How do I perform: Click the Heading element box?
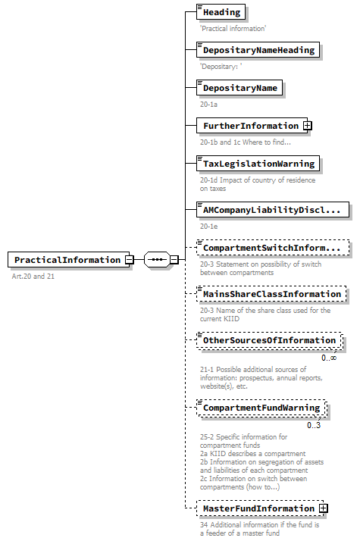pos(221,12)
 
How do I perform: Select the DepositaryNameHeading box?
pos(258,50)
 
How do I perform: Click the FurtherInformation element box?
pos(249,126)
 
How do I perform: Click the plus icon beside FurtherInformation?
pos(308,126)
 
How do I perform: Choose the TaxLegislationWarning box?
pos(258,164)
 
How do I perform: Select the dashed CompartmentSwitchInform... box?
pos(271,248)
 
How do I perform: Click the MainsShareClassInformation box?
pos(271,294)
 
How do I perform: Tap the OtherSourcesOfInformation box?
pos(268,341)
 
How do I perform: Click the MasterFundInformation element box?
pos(258,508)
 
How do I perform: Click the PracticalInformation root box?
pos(66,260)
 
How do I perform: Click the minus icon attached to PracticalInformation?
pos(130,260)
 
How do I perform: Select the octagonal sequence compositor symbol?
pos(156,260)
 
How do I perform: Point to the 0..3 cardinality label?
pos(314,425)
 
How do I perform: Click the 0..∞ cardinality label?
pos(329,358)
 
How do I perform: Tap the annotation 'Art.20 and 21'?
pos(33,277)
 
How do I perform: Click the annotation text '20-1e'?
pos(209,226)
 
